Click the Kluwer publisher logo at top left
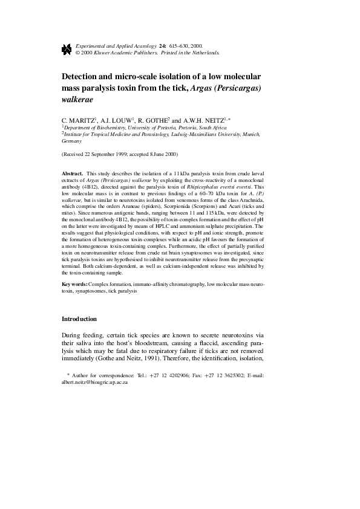pos(66,48)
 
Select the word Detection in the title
pos(87,78)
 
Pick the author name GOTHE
pos(157,120)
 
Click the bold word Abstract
pos(73,173)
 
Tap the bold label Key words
pos(75,284)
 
